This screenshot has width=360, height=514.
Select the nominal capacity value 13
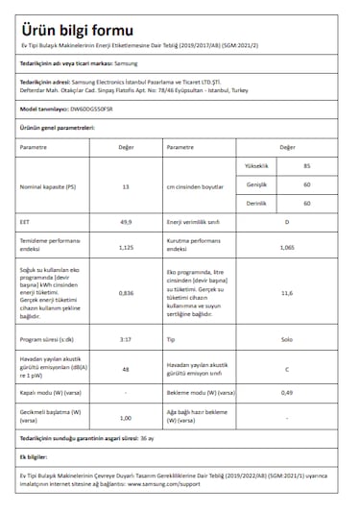(x=126, y=185)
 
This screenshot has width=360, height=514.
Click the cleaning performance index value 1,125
(x=126, y=247)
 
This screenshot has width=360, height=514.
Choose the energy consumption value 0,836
(x=126, y=292)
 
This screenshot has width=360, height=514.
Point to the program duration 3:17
(x=126, y=339)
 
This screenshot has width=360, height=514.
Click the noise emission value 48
(x=126, y=369)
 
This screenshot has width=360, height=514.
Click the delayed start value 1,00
(x=126, y=417)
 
